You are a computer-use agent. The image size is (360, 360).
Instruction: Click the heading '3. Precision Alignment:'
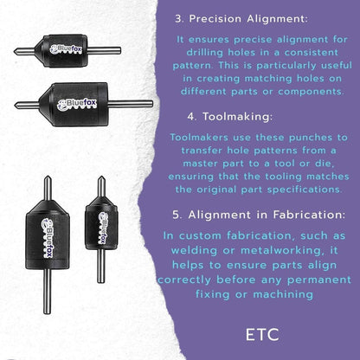coord(241,19)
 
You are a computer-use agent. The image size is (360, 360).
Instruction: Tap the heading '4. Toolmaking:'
coord(229,117)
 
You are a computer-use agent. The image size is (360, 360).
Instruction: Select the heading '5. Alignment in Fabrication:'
coord(259,215)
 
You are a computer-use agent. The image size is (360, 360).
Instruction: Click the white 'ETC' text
coord(262,335)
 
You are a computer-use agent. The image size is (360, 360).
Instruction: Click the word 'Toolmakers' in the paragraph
coord(199,138)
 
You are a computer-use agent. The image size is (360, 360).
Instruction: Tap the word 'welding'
coord(194,250)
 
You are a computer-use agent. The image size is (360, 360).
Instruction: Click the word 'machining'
coord(283,294)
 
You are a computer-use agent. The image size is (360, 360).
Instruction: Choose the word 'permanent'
coord(319,280)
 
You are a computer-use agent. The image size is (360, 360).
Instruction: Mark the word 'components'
coord(311,92)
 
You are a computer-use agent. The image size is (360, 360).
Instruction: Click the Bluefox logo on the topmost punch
coord(66,49)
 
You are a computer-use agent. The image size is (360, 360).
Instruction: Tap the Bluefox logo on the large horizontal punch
coord(76,105)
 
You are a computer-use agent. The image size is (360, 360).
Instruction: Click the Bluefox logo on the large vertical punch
coord(47,238)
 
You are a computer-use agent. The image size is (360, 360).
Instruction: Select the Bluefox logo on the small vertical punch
coord(102,228)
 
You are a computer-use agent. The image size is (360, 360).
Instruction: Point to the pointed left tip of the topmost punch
coord(14,51)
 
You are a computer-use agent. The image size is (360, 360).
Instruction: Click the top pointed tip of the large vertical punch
coord(48,176)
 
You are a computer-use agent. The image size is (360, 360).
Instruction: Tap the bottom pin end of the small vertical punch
coord(100,282)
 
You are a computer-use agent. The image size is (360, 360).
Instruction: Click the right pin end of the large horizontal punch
coord(152,104)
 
